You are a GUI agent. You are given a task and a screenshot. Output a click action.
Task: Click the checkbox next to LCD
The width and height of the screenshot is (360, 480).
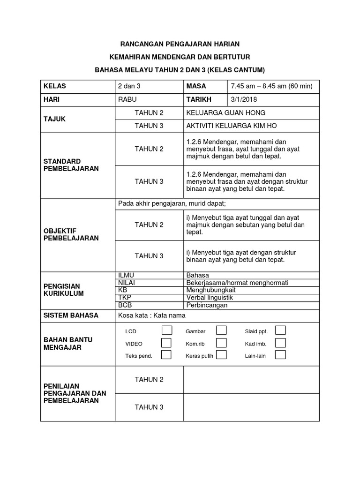coord(166,330)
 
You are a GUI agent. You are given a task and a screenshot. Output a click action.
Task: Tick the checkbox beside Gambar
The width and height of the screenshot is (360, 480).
coord(221,330)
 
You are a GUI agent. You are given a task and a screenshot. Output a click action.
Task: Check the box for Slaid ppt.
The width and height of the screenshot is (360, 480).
coord(280,330)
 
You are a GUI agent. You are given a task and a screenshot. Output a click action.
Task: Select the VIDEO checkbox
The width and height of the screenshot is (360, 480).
coord(166,343)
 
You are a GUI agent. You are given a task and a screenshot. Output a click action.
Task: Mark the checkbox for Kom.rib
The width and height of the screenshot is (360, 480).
coord(221,343)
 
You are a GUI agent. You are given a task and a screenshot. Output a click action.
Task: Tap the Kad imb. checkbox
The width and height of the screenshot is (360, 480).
coord(280,343)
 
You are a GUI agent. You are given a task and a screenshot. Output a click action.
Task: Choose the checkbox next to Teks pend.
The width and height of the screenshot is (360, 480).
coord(166,355)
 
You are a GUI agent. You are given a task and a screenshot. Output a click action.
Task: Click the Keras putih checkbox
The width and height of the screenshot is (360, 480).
coord(221,355)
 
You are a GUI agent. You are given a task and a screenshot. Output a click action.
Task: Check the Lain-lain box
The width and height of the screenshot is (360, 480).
coord(280,355)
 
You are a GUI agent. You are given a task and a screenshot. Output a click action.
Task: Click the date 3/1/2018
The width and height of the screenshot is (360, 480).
coord(244,99)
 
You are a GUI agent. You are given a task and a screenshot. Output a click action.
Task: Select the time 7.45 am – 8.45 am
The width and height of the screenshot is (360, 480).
coord(272,86)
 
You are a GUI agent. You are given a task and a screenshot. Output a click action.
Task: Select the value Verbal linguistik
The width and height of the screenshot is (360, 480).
coord(210,298)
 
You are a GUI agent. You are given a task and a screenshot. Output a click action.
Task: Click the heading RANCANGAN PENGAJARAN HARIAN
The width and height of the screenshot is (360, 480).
coord(180,44)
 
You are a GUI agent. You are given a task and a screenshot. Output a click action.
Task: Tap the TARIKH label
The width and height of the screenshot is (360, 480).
coord(199,99)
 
